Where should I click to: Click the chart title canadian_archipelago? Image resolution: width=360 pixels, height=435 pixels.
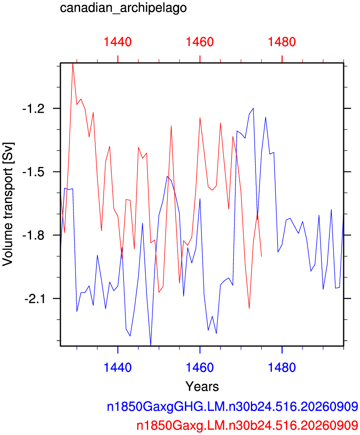coord(123,8)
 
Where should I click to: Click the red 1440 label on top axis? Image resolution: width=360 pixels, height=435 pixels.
coord(117,42)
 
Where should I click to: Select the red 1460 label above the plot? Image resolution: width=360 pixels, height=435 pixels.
coord(200,42)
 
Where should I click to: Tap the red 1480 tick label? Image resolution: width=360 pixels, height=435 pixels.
coord(282,42)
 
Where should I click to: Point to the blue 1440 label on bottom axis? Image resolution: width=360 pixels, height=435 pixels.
coord(117,367)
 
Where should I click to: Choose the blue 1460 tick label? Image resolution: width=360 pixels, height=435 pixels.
coord(200,367)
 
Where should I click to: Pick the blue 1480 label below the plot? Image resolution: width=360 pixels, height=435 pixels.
coord(282,367)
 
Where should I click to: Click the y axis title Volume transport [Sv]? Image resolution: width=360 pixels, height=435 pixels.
coord(8,204)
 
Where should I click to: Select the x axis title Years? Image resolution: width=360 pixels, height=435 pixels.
coord(202,386)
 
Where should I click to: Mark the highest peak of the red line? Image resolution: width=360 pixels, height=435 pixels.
coord(73,63)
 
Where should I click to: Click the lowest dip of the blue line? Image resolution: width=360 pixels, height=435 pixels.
coord(151,345)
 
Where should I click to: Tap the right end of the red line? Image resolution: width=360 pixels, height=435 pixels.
coord(261,256)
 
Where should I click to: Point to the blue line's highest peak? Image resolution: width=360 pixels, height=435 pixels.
coord(253,108)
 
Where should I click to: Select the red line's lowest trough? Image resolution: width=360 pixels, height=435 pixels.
coord(249,308)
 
